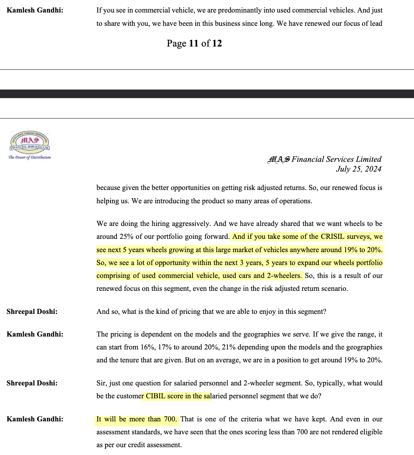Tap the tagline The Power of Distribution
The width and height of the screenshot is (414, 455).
[x=30, y=157]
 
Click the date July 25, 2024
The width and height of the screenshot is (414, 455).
[x=359, y=169]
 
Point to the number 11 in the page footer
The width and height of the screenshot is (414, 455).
[x=194, y=43]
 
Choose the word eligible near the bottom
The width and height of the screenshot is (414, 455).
[x=370, y=432]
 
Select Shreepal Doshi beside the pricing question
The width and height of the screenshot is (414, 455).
[x=32, y=312]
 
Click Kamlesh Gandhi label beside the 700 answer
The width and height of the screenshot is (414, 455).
[x=35, y=419]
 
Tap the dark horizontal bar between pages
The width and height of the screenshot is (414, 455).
[x=207, y=94]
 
